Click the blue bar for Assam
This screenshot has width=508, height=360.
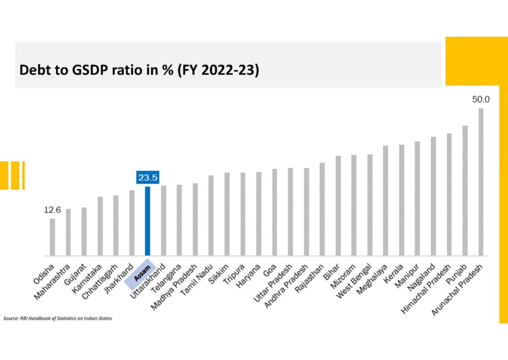pos(147,221)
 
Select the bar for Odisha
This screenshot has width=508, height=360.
pos(52,237)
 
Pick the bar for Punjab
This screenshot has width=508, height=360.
pos(465,191)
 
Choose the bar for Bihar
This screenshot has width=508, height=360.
pos(338,206)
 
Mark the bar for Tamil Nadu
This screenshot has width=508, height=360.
pos(211,216)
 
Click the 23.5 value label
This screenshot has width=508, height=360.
pos(147,177)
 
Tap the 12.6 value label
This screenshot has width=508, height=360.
pos(52,210)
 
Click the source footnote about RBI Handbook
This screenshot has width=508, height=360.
pos(58,318)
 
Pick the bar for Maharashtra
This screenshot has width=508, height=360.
pos(68,232)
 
